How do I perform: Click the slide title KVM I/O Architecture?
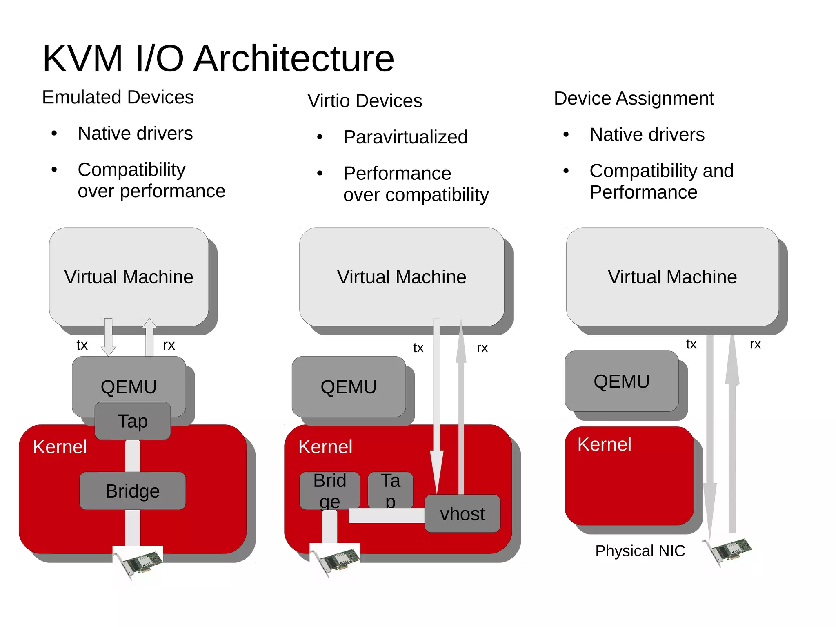coord(218,58)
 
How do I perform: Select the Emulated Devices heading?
coord(118,97)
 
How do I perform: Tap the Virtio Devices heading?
coord(365,101)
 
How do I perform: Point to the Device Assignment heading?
coord(634,98)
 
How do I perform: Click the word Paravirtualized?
coord(405,137)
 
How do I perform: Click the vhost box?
coord(462,513)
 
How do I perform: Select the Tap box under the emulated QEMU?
coord(133,421)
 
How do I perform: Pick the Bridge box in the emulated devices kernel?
coord(133,491)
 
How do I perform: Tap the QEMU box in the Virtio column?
coord(349,386)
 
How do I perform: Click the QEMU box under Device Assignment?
coord(621,381)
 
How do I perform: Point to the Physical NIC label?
coord(640,551)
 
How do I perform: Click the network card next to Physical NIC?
coord(727,551)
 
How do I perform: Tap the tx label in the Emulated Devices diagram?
coord(82,345)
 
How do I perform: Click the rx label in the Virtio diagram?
coord(482,348)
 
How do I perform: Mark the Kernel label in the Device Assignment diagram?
coord(604,444)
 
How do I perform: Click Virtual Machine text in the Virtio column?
coord(402,277)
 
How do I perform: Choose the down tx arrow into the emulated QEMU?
coord(108,337)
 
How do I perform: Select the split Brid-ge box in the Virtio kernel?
coord(329,490)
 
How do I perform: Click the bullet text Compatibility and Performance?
coord(661,181)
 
